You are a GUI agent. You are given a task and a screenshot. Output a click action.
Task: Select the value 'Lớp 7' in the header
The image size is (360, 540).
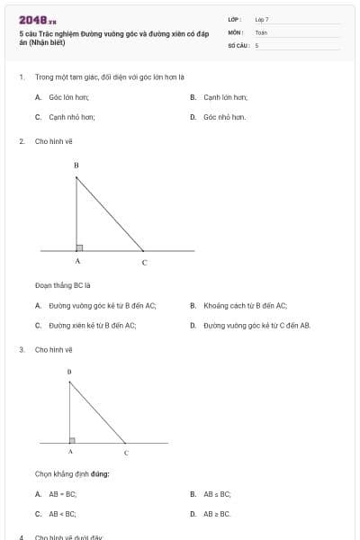pos(261,19)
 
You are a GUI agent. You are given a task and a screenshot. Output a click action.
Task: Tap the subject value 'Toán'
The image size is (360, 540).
pos(261,31)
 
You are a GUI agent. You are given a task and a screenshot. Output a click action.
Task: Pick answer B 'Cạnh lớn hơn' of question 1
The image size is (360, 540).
pos(225,96)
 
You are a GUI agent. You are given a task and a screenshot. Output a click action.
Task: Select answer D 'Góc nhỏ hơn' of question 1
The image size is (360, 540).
pos(224,117)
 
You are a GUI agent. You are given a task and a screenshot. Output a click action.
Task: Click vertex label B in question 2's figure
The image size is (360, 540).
pos(76,166)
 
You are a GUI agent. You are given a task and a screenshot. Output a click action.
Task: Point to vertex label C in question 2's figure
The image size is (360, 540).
pos(144,262)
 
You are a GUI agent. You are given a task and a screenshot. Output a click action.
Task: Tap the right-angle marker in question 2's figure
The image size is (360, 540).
pos(80,247)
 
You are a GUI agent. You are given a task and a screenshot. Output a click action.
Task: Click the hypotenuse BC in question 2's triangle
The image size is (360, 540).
pos(110,213)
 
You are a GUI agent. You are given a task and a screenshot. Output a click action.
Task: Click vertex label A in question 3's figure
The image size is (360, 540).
pos(70,452)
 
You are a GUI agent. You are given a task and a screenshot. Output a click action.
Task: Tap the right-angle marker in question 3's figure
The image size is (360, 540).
pos(73,440)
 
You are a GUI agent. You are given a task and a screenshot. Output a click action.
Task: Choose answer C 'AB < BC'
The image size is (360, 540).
pos(62,514)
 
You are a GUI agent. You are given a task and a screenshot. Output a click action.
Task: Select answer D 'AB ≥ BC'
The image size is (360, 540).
pos(217,514)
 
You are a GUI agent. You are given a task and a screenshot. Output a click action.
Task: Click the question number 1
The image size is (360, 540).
pos(21,77)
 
